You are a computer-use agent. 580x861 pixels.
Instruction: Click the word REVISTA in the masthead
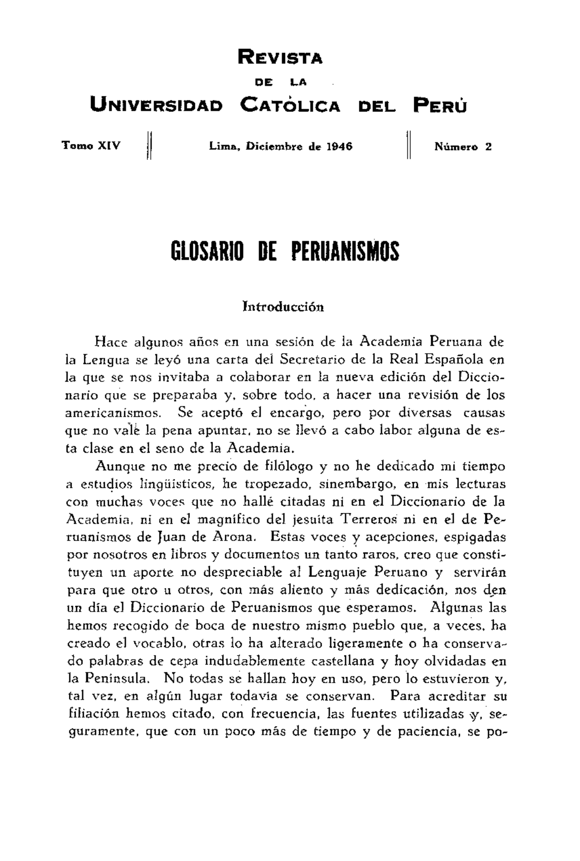coord(280,58)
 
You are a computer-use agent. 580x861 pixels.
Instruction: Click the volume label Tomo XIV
coord(92,146)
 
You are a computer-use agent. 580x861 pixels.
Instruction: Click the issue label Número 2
coord(463,147)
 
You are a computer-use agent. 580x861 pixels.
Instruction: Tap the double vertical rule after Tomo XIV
coord(150,145)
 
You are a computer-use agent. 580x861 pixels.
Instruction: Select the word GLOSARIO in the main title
coord(207,251)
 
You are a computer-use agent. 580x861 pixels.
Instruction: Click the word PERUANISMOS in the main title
coord(345,251)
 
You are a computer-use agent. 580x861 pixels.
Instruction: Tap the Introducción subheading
coord(283,306)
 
